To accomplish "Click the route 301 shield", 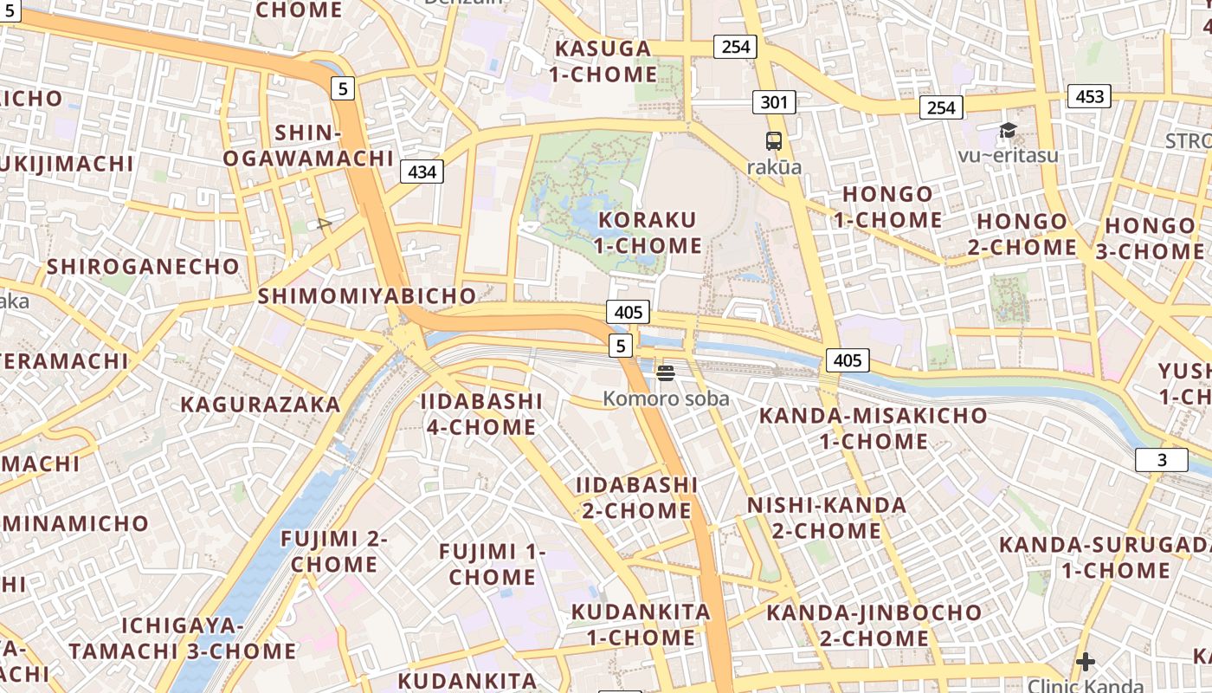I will [x=774, y=102].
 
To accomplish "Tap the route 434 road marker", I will [x=422, y=172].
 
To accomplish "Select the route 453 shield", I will [x=1089, y=96].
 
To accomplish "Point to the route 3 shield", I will [x=1162, y=460].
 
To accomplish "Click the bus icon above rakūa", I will [x=774, y=141].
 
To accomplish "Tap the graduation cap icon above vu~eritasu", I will [x=1008, y=131].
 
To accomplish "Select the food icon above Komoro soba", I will [x=666, y=373].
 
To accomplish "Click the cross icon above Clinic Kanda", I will [x=1085, y=663].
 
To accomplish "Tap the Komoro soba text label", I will [x=666, y=398].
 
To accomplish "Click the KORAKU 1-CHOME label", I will [x=648, y=232].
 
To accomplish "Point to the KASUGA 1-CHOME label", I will [x=603, y=61].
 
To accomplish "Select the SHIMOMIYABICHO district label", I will [x=367, y=295].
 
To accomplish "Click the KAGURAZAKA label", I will [x=261, y=404].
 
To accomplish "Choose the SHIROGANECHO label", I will [x=143, y=266].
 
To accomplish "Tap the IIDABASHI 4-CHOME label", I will [x=481, y=414].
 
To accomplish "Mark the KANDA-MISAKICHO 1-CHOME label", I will [x=874, y=428].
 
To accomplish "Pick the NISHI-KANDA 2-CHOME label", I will [x=827, y=517].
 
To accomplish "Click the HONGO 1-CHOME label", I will [x=888, y=206].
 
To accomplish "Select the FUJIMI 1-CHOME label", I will [x=492, y=564].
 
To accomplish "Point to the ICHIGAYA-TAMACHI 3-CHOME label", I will [x=183, y=638].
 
